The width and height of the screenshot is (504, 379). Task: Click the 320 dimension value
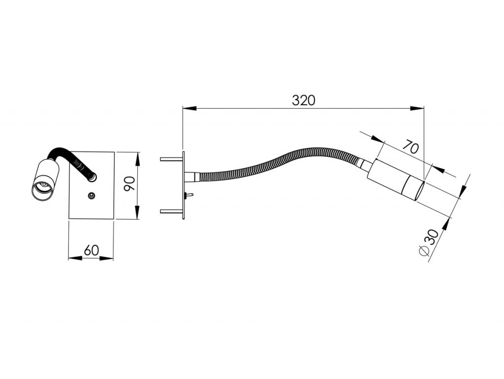303,100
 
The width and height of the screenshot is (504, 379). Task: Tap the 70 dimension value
411,147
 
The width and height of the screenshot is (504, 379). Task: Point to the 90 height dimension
129,183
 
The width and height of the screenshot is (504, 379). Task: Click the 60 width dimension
91,250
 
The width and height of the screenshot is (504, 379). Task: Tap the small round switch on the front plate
92,196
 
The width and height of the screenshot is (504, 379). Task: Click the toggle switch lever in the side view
189,195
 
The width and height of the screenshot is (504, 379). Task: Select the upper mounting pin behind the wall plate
172,159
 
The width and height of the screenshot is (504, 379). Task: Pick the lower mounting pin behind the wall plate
172,211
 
